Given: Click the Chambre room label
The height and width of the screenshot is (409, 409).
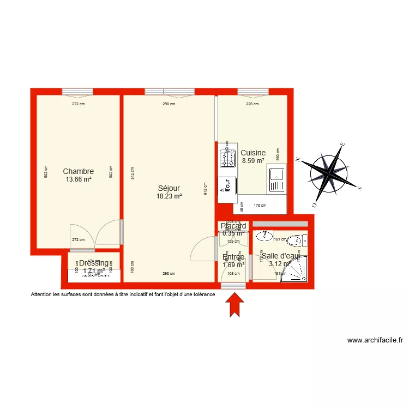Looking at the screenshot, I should pos(78,171).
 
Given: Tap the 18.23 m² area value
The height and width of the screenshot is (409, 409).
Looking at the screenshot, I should pos(169,197).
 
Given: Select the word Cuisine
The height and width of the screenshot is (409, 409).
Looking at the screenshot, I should pos(253,153).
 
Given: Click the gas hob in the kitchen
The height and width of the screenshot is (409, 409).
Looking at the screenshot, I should pos(227,159).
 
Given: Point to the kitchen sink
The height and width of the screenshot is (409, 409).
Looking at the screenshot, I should pos(277,180).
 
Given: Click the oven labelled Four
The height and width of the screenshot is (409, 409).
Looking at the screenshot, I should pos(227,186).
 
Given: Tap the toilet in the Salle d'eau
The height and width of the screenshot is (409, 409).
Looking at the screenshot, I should pos(296,240).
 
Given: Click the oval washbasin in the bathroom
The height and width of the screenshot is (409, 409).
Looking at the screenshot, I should pos(265,236).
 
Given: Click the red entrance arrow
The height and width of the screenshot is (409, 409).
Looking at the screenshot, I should pos(235,304).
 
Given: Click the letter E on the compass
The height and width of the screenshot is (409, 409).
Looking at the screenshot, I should pos(342,145).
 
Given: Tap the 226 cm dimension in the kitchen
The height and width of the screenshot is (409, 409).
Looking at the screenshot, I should pos(252,104).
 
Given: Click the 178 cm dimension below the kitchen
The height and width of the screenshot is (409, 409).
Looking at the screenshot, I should pos(260,206).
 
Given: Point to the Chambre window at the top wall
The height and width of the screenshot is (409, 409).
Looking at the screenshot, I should pos(77,92).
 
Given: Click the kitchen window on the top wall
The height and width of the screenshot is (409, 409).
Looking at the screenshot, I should pos(252,92).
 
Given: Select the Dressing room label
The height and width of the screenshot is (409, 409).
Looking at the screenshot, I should pos(94,263).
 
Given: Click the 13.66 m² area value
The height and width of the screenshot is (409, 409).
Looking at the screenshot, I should pos(78,179).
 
